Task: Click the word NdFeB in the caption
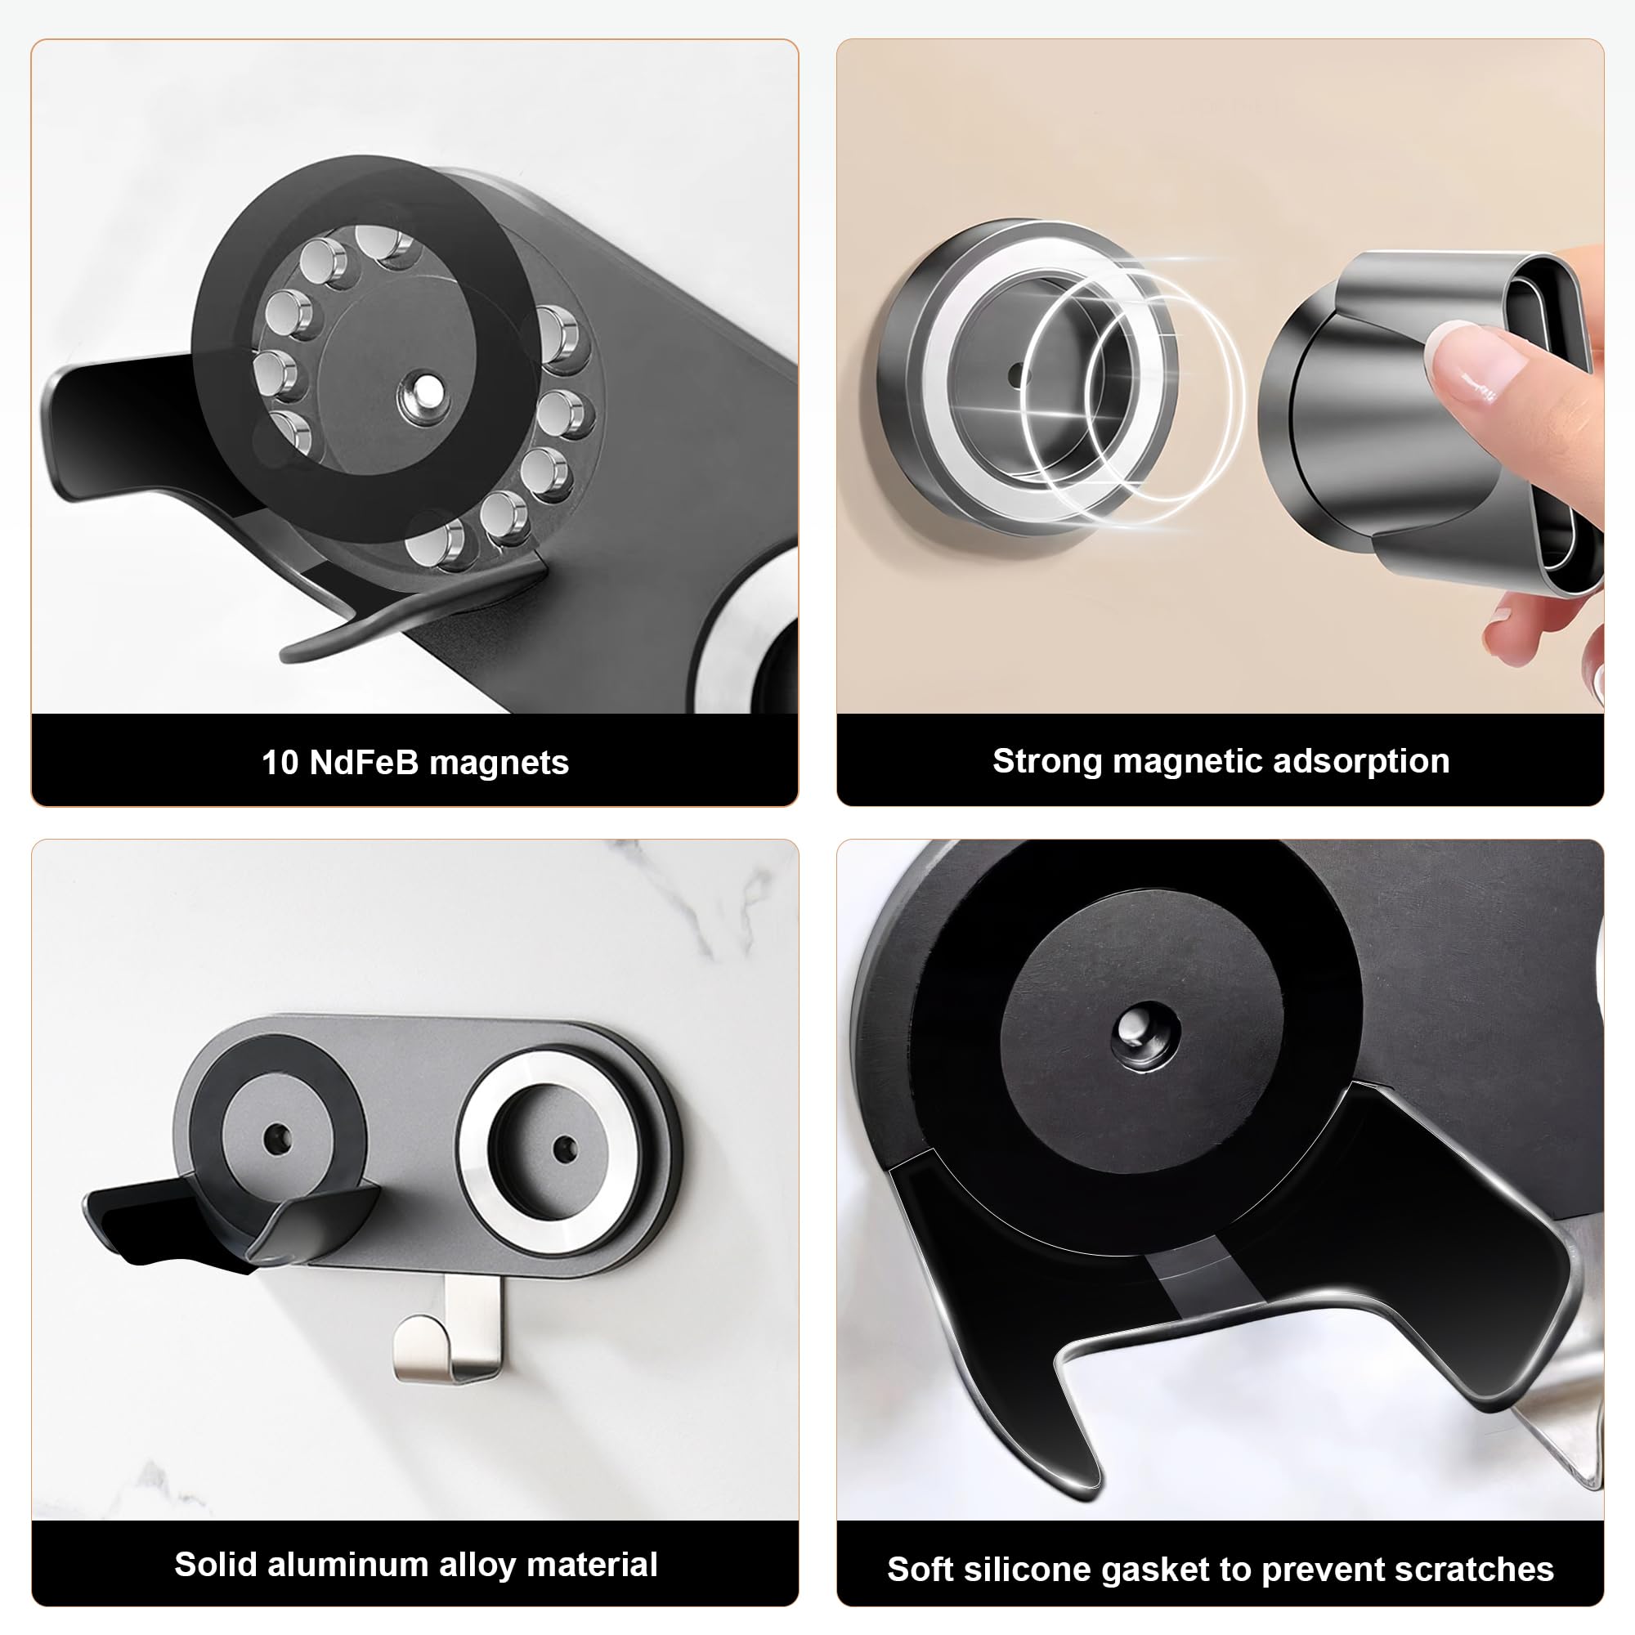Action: click(364, 763)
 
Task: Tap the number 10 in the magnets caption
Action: click(280, 763)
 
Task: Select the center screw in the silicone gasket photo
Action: click(1139, 1037)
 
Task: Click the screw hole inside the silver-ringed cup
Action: click(563, 1149)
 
